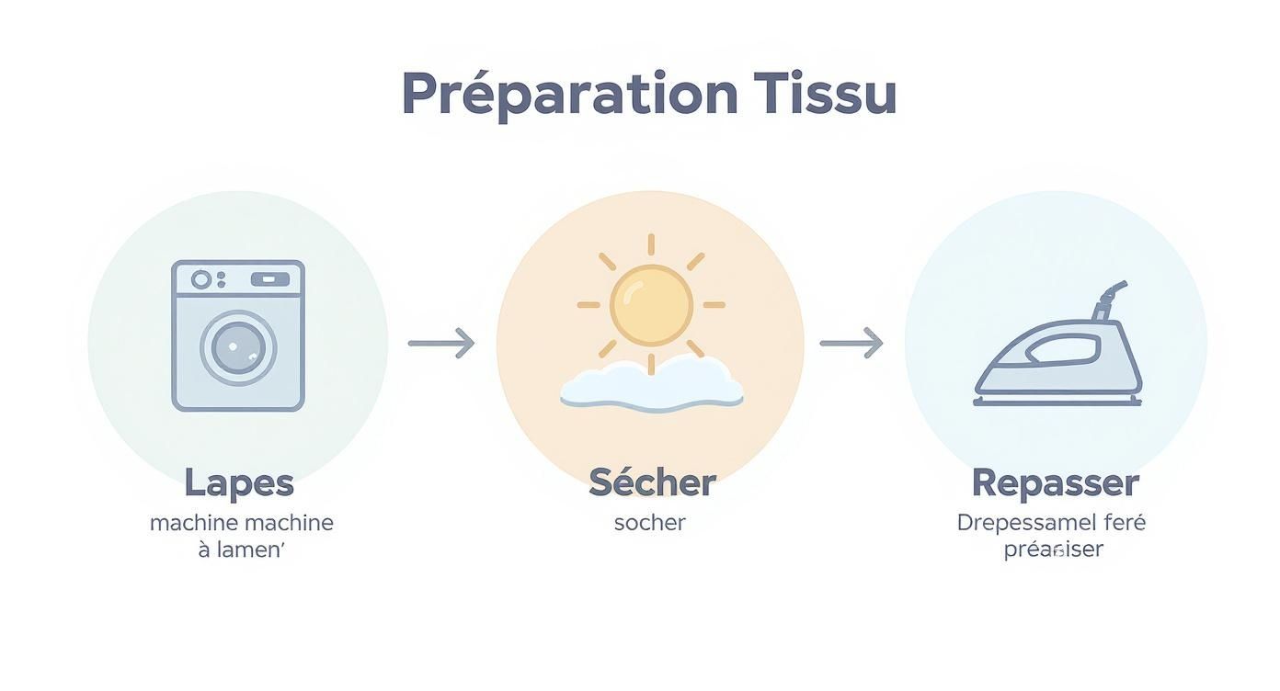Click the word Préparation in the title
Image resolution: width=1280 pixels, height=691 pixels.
pyautogui.click(x=569, y=94)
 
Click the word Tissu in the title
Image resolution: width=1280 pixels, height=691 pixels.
pyautogui.click(x=825, y=94)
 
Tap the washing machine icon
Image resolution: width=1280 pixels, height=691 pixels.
pyautogui.click(x=238, y=335)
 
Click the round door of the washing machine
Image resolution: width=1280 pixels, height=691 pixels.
pyautogui.click(x=238, y=347)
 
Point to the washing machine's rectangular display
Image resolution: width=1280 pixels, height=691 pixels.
pyautogui.click(x=269, y=279)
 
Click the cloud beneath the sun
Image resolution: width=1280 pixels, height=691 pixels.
pyautogui.click(x=651, y=386)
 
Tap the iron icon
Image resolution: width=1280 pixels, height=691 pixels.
pyautogui.click(x=1057, y=354)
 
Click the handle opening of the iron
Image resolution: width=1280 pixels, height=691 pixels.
pyautogui.click(x=1062, y=349)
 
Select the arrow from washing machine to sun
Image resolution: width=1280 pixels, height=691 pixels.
pyautogui.click(x=441, y=344)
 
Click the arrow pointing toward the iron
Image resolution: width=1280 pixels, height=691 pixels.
pyautogui.click(x=851, y=344)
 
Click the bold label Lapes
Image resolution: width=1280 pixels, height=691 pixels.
pyautogui.click(x=238, y=482)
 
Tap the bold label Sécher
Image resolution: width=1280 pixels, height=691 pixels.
pyautogui.click(x=651, y=482)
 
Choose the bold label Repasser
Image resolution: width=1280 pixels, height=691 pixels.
pyautogui.click(x=1055, y=482)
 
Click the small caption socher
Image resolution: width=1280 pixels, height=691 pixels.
pyautogui.click(x=650, y=523)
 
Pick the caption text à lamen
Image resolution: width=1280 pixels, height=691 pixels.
pyautogui.click(x=242, y=550)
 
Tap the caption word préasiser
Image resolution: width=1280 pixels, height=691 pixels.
pyautogui.click(x=1053, y=549)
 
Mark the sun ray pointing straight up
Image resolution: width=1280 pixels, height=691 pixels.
pyautogui.click(x=651, y=244)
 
